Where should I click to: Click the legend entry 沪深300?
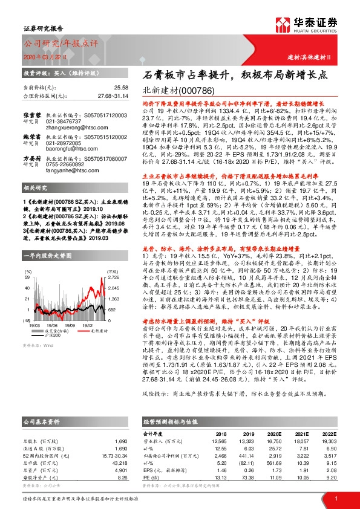click(x=69, y=284)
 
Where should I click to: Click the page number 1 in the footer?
click(x=335, y=497)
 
